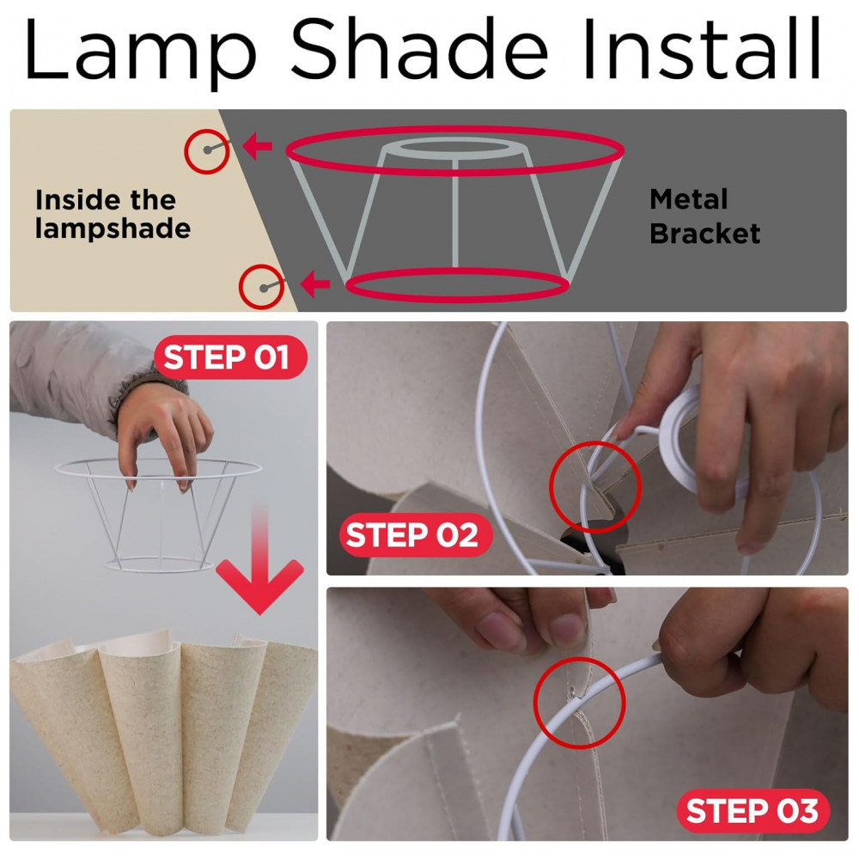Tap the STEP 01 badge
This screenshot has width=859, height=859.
click(230, 356)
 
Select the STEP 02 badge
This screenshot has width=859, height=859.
click(415, 534)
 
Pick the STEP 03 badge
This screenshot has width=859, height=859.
click(753, 810)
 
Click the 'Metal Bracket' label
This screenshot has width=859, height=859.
click(704, 216)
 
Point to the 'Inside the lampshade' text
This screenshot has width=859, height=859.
click(113, 214)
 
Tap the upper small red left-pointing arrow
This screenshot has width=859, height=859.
click(257, 146)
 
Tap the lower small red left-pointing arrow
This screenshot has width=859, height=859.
click(315, 283)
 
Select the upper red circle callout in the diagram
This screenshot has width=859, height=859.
click(207, 151)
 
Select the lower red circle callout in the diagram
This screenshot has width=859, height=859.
click(261, 287)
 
